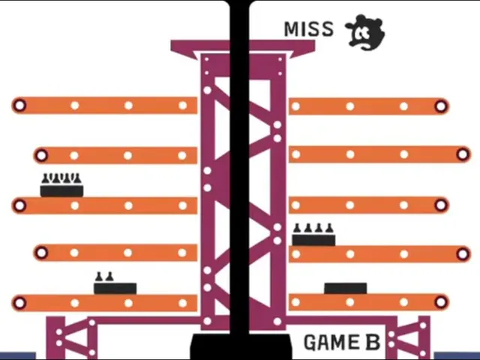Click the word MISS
tap(308, 29)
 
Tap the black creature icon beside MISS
tap(365, 32)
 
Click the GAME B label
tap(342, 342)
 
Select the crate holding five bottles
tap(61, 185)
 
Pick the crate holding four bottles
tap(313, 235)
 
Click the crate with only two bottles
tap(115, 283)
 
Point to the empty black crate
tap(346, 288)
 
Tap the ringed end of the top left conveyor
tap(20, 105)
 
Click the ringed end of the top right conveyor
tap(441, 106)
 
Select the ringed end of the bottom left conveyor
tap(20, 303)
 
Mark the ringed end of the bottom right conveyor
tap(441, 302)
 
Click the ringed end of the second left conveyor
tap(42, 155)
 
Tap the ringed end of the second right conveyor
tap(463, 154)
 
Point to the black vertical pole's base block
tap(240, 346)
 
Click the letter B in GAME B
tap(373, 342)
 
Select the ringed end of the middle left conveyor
tap(20, 205)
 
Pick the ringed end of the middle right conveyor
tap(441, 205)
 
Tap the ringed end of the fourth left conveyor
tap(42, 253)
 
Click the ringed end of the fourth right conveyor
tap(463, 253)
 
